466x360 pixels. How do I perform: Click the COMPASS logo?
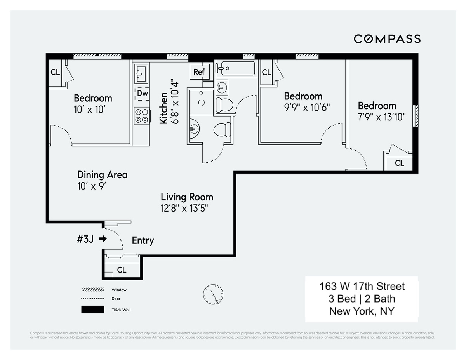(x=387, y=39)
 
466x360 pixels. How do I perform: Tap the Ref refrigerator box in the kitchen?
(x=199, y=72)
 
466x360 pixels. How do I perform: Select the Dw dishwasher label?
(x=142, y=94)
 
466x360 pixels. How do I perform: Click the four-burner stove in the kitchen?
(x=142, y=115)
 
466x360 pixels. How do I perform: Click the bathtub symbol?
(x=235, y=69)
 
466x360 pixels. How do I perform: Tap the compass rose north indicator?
(x=213, y=294)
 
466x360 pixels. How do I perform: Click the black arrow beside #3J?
(x=103, y=239)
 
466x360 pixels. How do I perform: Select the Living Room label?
(x=187, y=197)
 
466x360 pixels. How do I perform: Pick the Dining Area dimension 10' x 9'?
(x=92, y=186)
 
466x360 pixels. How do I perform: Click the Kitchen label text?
(x=163, y=108)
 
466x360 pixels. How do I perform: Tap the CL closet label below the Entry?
(x=122, y=270)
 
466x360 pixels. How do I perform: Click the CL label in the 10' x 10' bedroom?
(x=55, y=72)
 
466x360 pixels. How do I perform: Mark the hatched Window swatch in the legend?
(x=92, y=290)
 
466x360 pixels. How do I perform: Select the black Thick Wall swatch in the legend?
(x=92, y=310)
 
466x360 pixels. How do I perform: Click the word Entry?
(x=143, y=241)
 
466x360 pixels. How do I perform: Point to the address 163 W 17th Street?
(x=362, y=287)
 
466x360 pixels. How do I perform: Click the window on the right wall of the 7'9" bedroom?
(x=415, y=116)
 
